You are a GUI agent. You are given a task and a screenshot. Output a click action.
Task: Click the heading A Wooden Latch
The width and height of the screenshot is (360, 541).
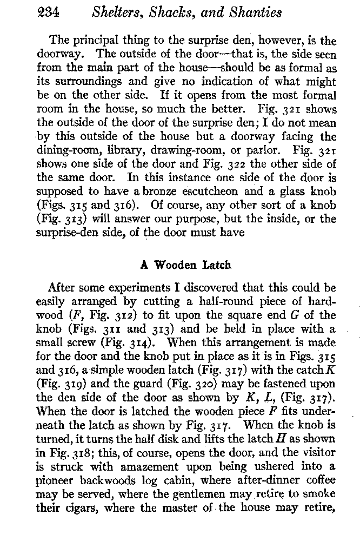(185, 266)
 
